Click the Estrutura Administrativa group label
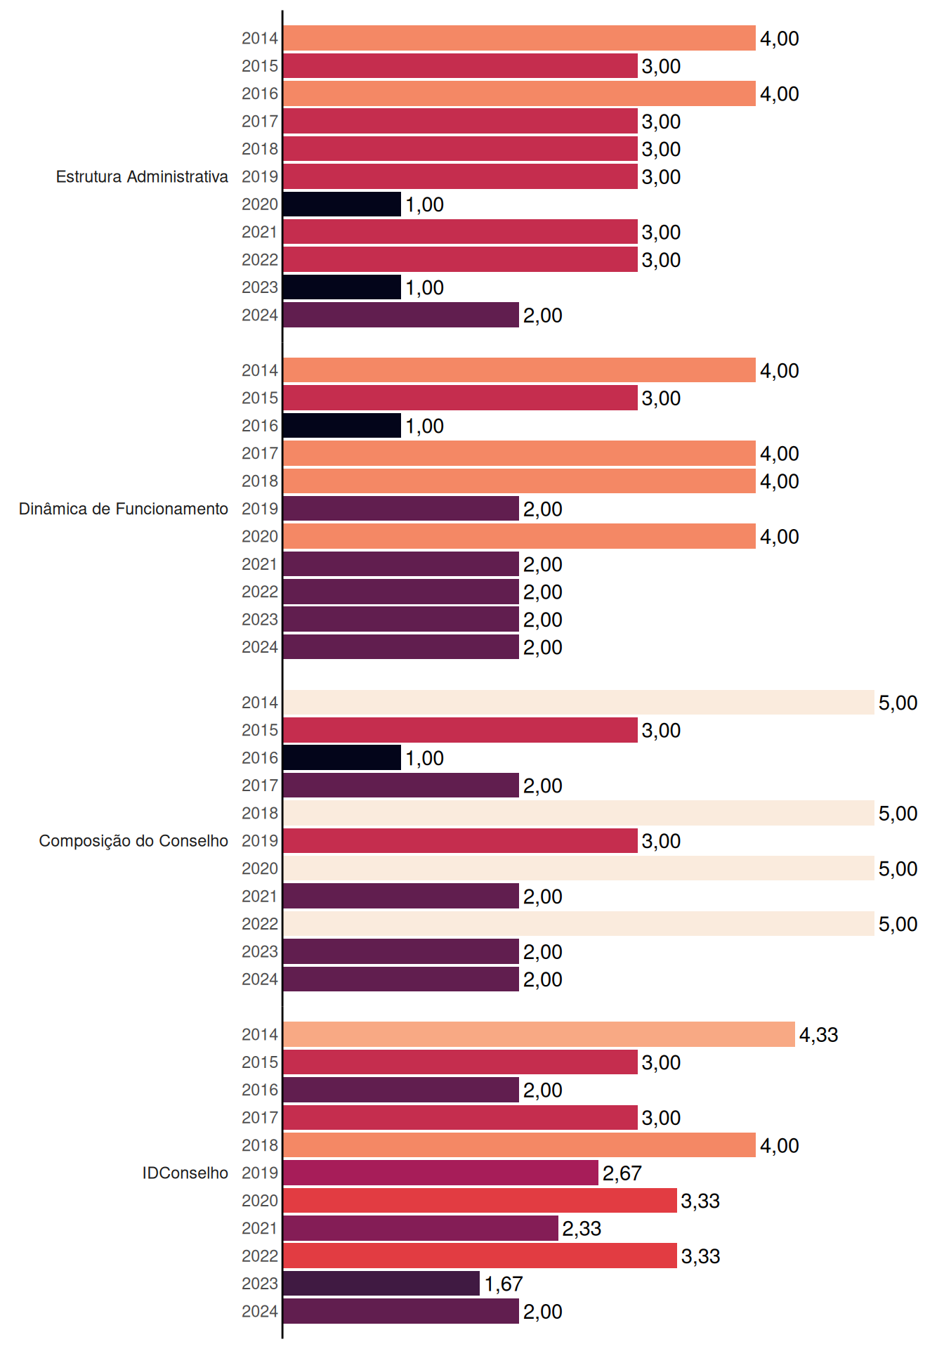click(x=142, y=176)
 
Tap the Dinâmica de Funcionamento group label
click(x=124, y=509)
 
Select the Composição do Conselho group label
click(x=133, y=841)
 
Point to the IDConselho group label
click(x=185, y=1173)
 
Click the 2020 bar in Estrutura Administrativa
click(x=342, y=204)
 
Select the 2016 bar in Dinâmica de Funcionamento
click(x=342, y=426)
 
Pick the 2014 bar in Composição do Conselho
click(x=579, y=703)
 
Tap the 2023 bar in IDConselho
click(x=381, y=1284)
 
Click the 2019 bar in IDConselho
click(x=440, y=1173)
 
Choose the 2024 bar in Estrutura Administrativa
click(x=401, y=315)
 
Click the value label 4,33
click(x=819, y=1035)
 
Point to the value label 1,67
click(x=504, y=1284)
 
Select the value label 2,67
click(x=622, y=1173)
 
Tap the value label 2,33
click(x=582, y=1229)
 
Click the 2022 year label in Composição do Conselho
click(x=260, y=924)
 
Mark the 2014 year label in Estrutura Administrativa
click(x=260, y=39)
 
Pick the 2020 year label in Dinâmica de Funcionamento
click(x=260, y=537)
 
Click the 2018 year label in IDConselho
click(x=260, y=1145)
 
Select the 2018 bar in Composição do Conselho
click(x=579, y=813)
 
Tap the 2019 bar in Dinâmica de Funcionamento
click(x=401, y=509)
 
